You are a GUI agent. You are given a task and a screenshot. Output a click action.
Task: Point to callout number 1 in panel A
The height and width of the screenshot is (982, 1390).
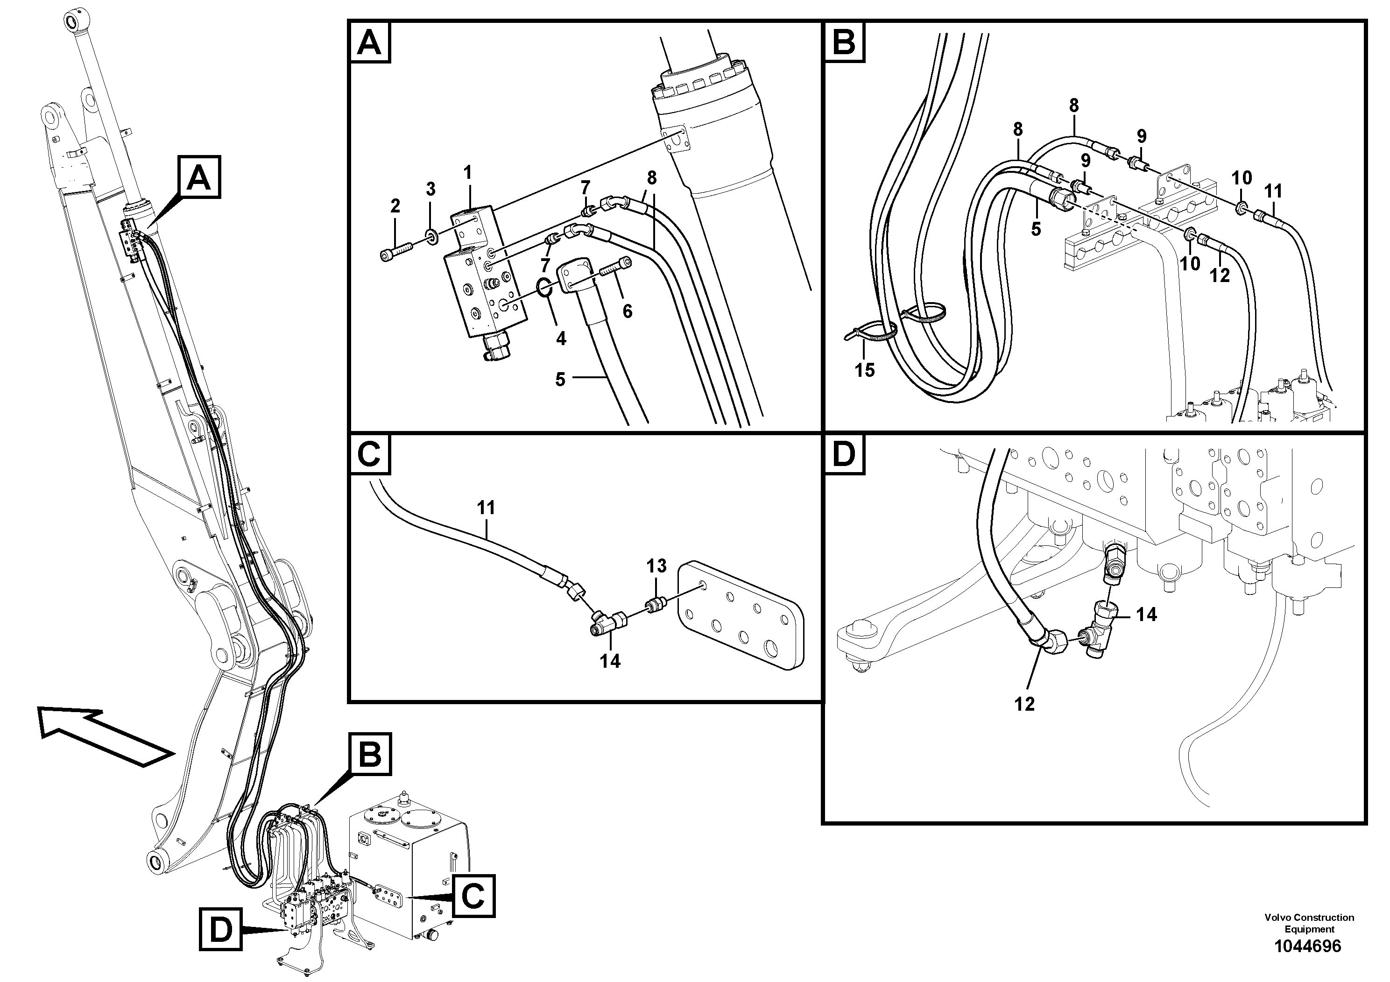(x=467, y=174)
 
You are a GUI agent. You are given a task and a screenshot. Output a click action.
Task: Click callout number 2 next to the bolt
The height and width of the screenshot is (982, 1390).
(x=395, y=206)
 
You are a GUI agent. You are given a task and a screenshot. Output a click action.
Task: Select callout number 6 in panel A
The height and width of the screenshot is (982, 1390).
(x=627, y=311)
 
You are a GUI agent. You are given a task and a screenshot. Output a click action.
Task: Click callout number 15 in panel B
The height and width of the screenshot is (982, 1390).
(x=865, y=370)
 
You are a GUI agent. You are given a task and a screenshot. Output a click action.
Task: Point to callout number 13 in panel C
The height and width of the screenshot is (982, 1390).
(x=656, y=566)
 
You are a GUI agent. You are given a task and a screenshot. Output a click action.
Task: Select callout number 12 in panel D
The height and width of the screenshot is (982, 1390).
(x=1024, y=704)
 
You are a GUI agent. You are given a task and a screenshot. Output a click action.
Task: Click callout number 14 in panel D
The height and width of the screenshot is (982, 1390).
(x=1146, y=615)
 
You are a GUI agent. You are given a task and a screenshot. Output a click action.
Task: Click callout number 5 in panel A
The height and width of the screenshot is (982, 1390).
(x=560, y=380)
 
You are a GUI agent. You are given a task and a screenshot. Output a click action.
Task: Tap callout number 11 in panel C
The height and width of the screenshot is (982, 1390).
(x=486, y=508)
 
